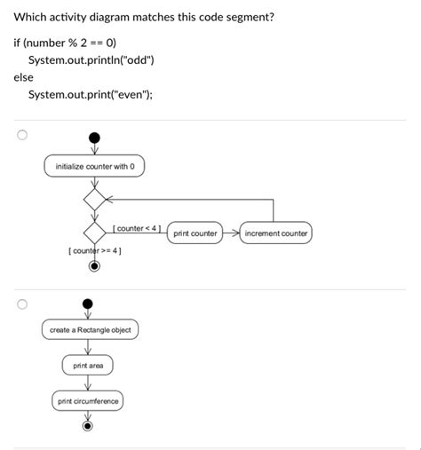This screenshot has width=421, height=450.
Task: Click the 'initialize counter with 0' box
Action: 94,166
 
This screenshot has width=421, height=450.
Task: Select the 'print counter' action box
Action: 195,233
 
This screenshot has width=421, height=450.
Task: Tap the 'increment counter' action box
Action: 275,233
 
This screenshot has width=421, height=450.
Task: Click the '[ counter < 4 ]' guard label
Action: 136,228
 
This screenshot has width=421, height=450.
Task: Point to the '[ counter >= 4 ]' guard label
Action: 95,251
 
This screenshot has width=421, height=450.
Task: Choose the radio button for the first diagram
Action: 22,136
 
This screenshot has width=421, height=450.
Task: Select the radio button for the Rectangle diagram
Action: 22,304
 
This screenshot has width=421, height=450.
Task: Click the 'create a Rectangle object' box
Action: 90,330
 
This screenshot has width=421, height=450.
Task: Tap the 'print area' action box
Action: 88,365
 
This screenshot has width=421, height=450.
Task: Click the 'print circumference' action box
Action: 88,401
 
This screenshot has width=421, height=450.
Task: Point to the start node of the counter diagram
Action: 95,138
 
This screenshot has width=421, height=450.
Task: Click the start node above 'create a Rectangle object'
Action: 87,304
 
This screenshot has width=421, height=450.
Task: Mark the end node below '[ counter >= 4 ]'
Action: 95,264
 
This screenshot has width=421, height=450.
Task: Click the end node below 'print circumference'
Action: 87,427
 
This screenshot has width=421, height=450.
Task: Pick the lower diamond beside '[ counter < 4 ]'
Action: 95,233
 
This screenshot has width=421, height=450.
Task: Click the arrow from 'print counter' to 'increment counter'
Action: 231,233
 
